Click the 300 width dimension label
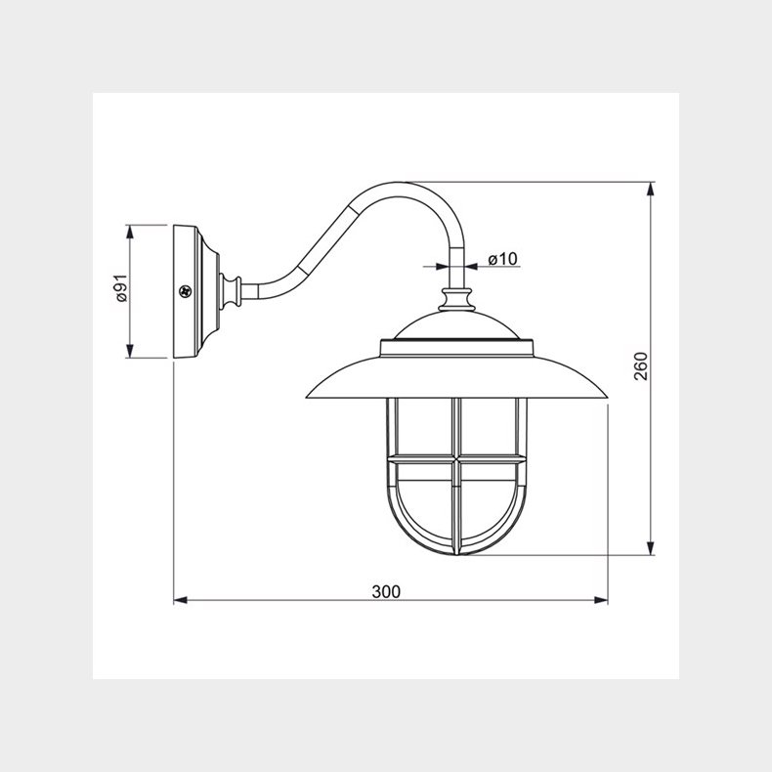pyautogui.click(x=386, y=591)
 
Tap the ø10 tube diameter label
pyautogui.click(x=502, y=259)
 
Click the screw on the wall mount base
pyautogui.click(x=185, y=290)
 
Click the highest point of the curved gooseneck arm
pyautogui.click(x=403, y=185)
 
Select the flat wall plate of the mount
pyautogui.click(x=181, y=291)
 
